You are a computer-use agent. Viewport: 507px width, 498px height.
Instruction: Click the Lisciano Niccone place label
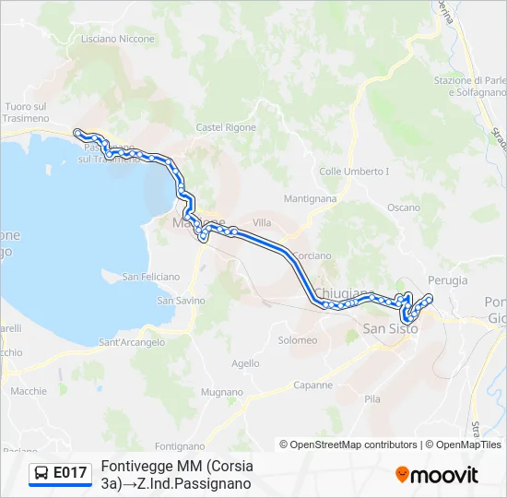tap(118, 39)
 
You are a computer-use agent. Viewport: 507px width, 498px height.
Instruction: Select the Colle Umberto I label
tap(354, 172)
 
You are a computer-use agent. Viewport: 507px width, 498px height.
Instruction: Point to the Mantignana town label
tap(310, 198)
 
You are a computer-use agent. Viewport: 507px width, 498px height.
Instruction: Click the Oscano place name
tap(403, 207)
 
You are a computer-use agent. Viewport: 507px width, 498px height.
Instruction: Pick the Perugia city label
tap(448, 280)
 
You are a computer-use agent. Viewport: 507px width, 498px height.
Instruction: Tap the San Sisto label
tap(390, 328)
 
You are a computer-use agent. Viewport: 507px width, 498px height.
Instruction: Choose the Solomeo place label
tap(298, 340)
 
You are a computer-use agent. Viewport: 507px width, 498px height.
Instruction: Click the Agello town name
tap(245, 363)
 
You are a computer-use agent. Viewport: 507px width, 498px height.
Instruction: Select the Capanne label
tap(312, 385)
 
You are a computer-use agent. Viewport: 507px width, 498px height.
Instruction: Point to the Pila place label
tap(372, 399)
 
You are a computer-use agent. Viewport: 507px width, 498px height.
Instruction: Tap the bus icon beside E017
tap(41, 473)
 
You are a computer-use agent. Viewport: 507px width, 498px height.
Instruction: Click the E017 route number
tap(71, 473)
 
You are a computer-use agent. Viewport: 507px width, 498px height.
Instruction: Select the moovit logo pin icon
tap(402, 475)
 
